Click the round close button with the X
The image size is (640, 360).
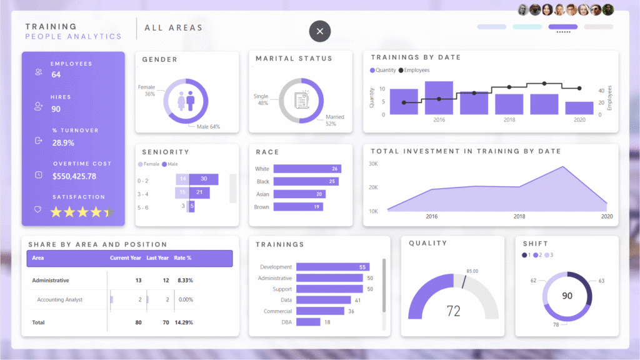pos(320,31)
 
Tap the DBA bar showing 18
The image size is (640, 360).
pos(308,322)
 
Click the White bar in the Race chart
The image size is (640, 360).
pos(307,169)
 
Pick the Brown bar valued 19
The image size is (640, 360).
pos(298,207)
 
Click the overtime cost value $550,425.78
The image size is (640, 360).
pos(74,176)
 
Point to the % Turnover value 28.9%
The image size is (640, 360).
pos(63,142)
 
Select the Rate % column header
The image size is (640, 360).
pos(182,258)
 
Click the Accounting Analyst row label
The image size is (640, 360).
pos(60,300)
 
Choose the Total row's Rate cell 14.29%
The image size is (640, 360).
pos(184,322)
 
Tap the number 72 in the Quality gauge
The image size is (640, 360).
pos(453,311)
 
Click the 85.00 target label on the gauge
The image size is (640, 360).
pos(472,271)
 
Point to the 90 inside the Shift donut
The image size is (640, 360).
pos(567,296)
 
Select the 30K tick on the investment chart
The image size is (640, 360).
pos(373,164)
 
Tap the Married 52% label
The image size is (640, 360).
pos(334,121)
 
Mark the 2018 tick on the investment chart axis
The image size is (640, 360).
pos(519,216)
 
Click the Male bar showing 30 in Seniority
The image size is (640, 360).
pos(203,179)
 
